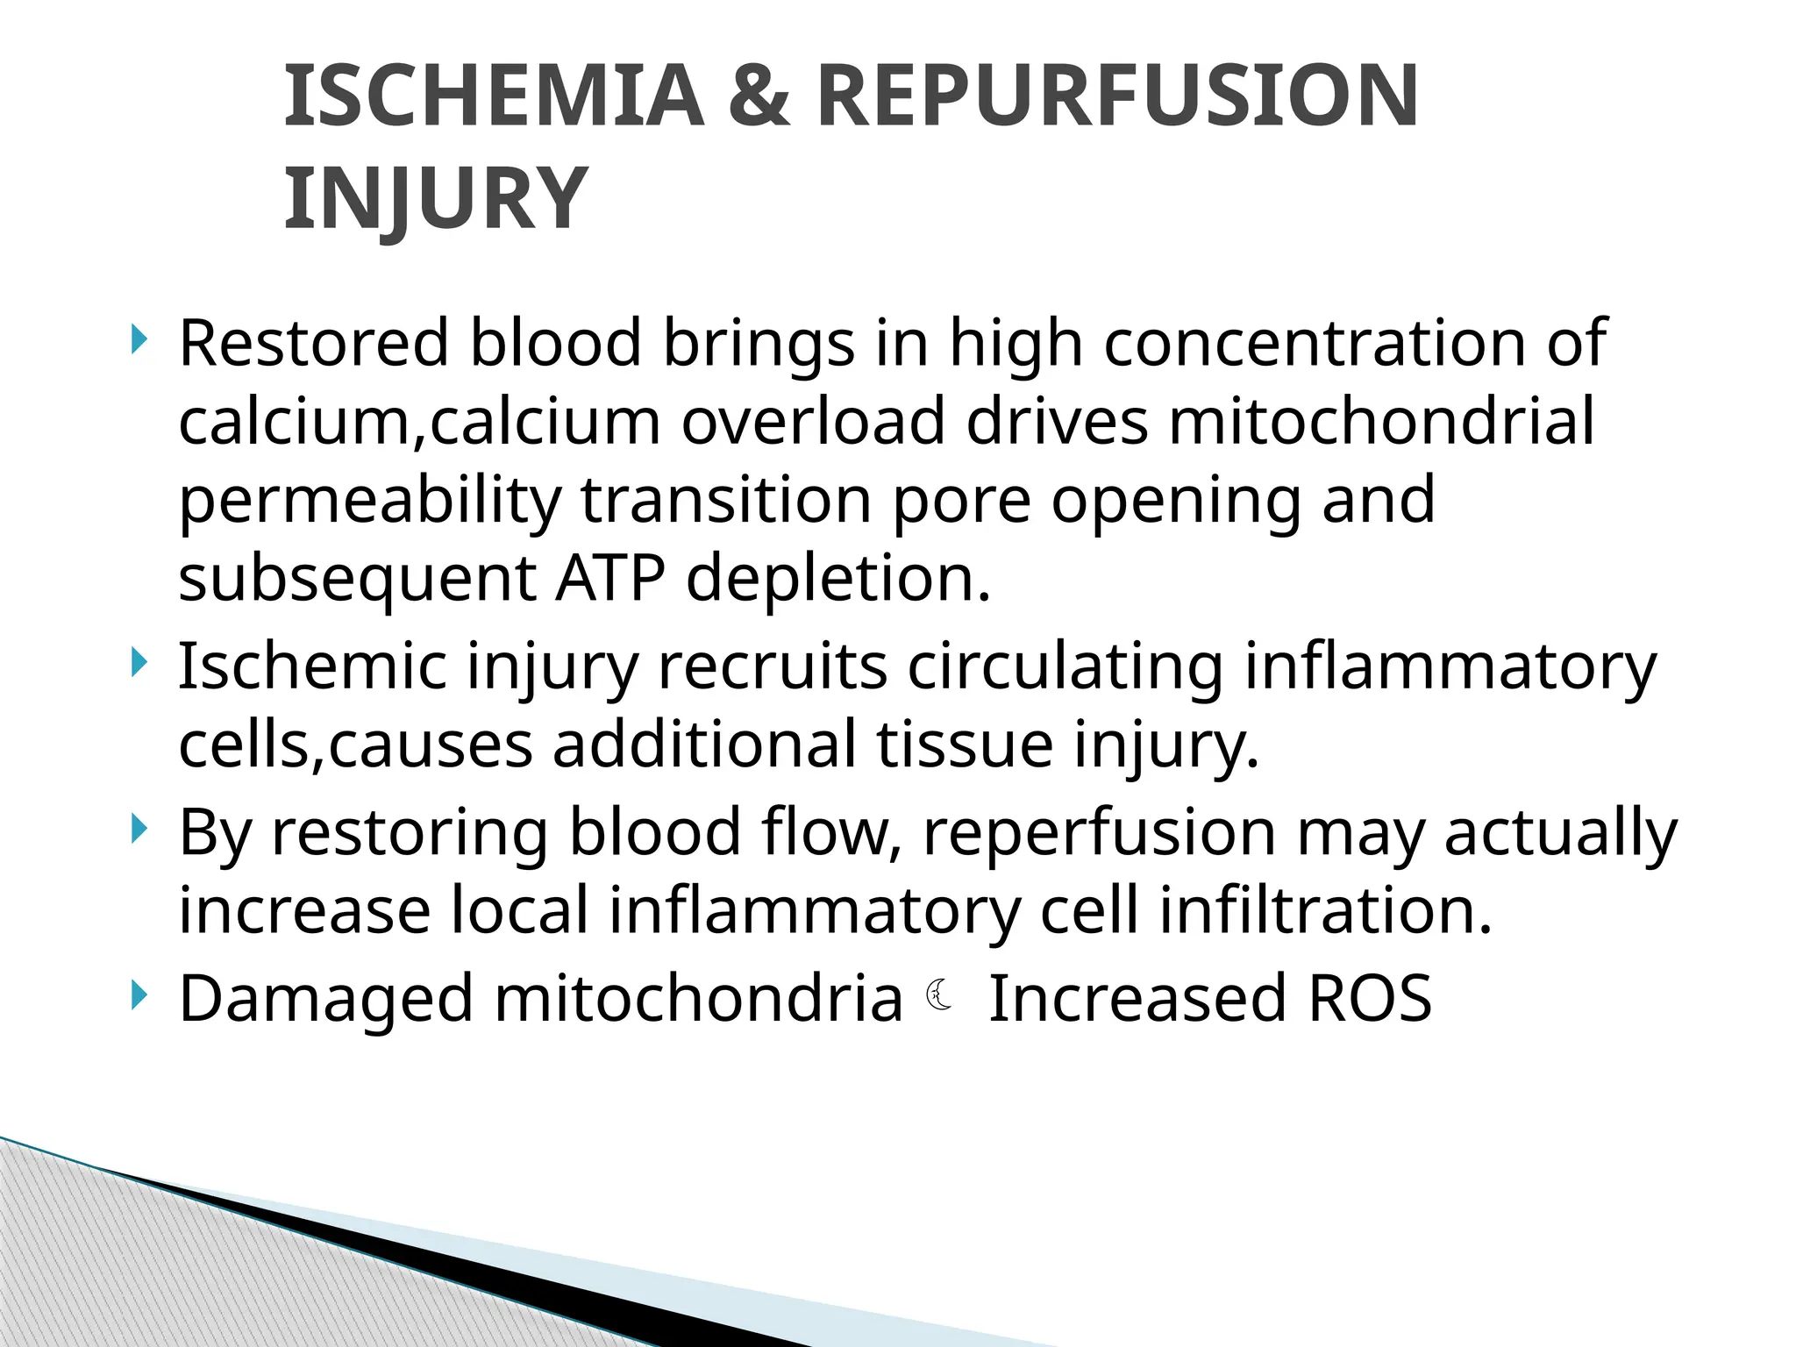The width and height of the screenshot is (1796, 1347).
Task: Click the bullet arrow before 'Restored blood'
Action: (x=137, y=339)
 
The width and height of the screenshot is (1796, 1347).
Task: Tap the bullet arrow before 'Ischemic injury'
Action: (x=137, y=663)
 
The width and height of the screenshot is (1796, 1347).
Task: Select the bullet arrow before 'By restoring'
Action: (x=137, y=828)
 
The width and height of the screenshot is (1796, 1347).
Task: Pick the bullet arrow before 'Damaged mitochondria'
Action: (x=137, y=994)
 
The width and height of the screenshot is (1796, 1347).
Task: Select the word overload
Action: (x=813, y=422)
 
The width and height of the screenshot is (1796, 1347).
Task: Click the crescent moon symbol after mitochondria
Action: (x=939, y=995)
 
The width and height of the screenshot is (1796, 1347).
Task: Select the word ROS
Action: (x=1369, y=998)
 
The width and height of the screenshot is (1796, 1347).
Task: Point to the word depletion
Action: (x=837, y=580)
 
